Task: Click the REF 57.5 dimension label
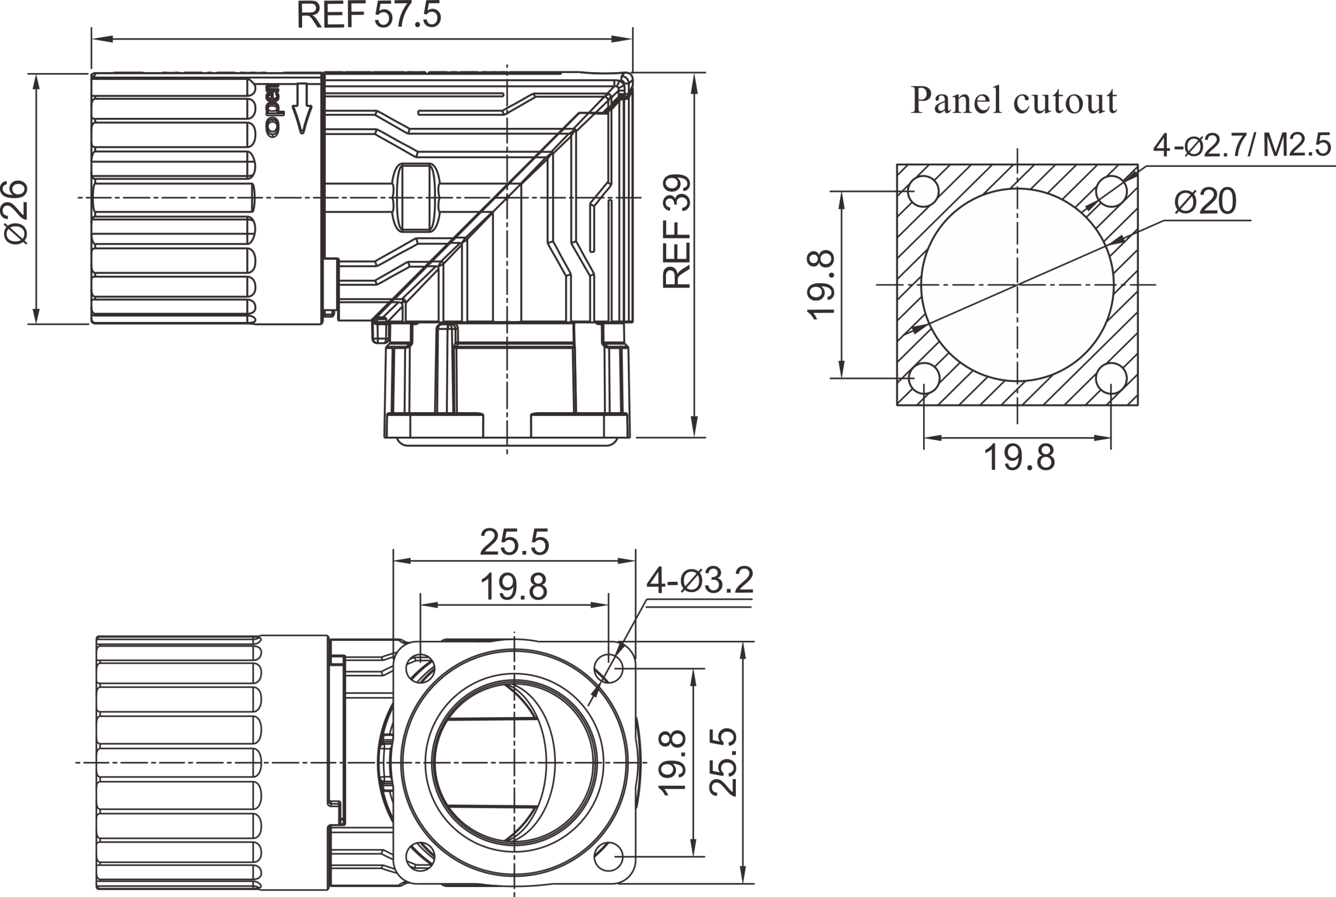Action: (369, 16)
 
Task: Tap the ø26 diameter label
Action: (17, 212)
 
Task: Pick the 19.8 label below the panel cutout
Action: (1019, 458)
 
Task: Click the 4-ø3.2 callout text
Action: (699, 581)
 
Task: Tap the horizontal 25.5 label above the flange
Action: (514, 542)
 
